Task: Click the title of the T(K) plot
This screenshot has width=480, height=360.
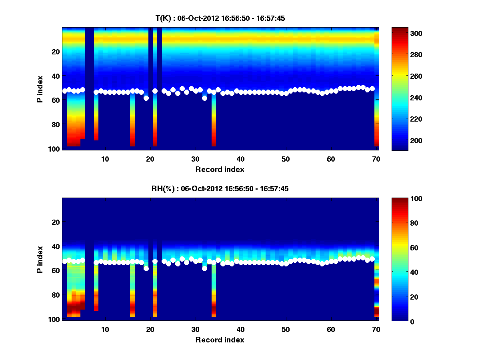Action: pyautogui.click(x=220, y=18)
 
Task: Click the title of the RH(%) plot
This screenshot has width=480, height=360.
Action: pyautogui.click(x=220, y=188)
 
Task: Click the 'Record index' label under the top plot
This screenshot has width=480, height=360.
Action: pyautogui.click(x=220, y=169)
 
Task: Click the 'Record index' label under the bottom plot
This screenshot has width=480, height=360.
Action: pyautogui.click(x=220, y=340)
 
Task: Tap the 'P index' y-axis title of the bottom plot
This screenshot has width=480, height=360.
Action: pyautogui.click(x=40, y=259)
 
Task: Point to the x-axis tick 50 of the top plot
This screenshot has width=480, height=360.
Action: pyautogui.click(x=286, y=159)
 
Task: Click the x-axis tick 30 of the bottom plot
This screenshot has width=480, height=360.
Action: pyautogui.click(x=195, y=329)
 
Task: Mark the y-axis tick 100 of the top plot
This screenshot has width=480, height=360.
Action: pyautogui.click(x=55, y=149)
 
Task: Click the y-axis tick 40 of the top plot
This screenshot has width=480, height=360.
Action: pyautogui.click(x=56, y=76)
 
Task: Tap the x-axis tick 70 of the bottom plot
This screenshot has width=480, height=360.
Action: pyautogui.click(x=376, y=329)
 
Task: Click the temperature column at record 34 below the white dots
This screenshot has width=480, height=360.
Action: pyautogui.click(x=214, y=120)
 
